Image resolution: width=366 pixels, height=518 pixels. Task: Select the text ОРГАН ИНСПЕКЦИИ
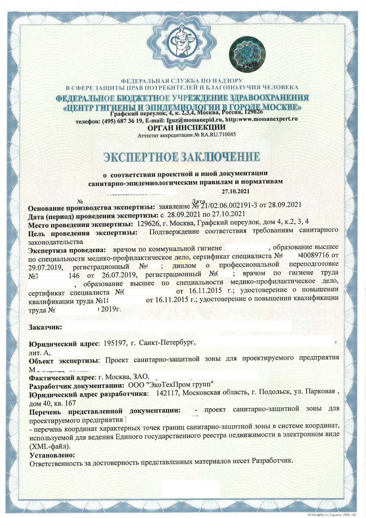(186, 127)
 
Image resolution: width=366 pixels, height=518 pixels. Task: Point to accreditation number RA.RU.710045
(218, 135)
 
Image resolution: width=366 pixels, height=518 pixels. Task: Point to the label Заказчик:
(45, 327)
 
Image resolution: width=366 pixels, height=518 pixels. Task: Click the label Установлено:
(52, 455)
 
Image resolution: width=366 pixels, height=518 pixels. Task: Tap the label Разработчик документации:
(77, 385)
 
